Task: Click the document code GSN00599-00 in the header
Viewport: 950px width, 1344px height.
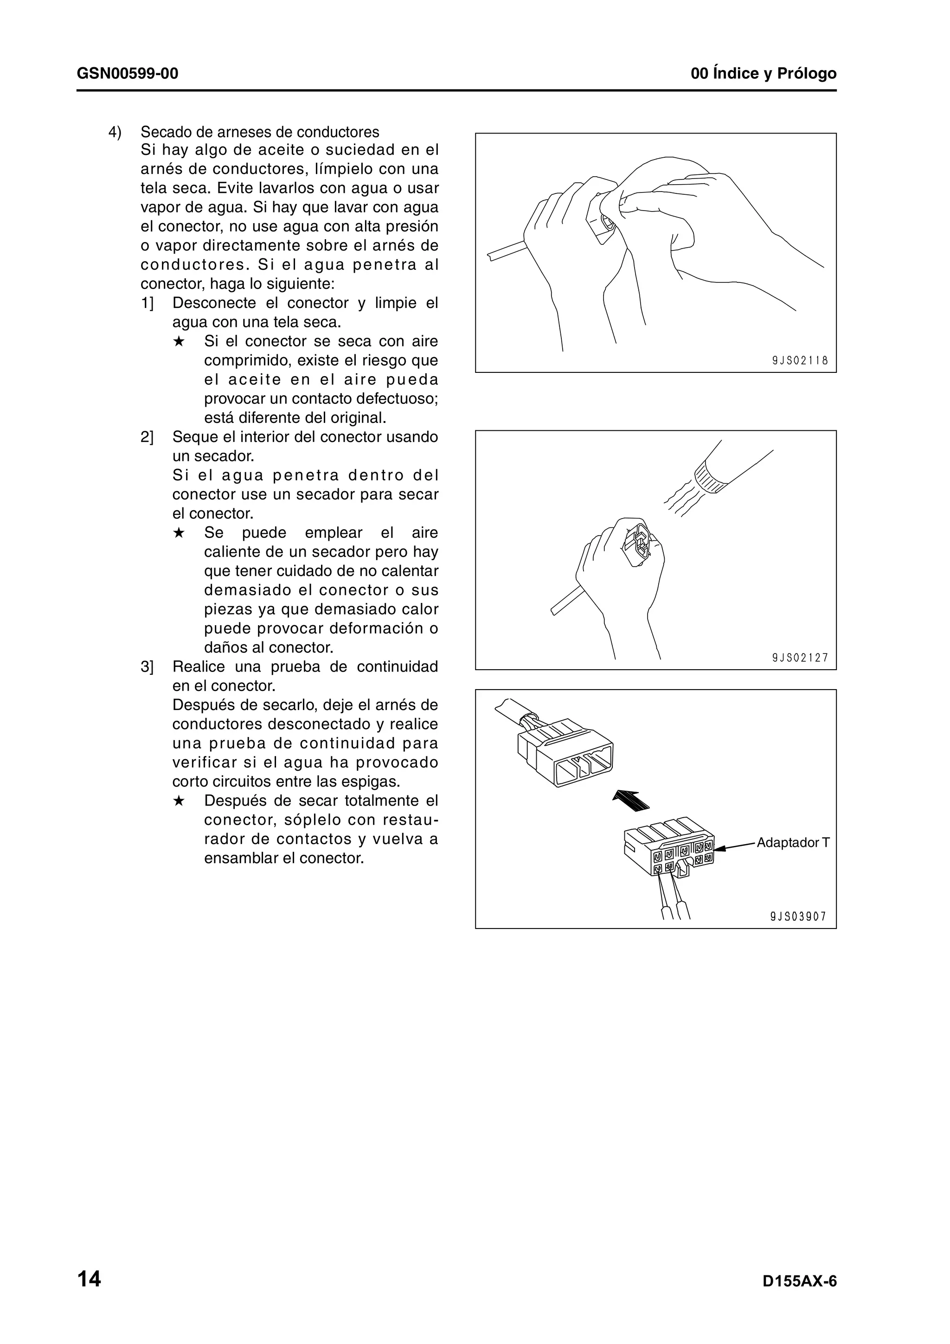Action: click(x=127, y=74)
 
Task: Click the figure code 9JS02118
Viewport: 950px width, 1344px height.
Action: click(x=800, y=361)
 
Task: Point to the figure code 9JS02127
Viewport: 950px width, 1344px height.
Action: click(x=800, y=657)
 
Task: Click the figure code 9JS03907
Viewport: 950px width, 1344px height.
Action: click(x=798, y=917)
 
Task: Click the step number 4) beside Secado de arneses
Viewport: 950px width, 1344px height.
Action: click(x=116, y=132)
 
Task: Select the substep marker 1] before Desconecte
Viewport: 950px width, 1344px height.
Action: click(x=147, y=303)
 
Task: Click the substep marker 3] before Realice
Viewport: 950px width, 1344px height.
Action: click(x=147, y=667)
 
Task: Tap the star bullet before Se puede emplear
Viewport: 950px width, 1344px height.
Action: click(x=179, y=533)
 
